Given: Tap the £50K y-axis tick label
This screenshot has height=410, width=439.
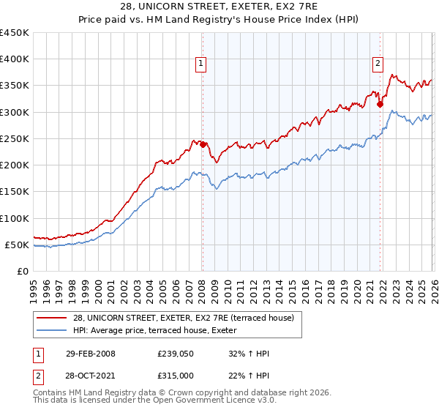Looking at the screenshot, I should pyautogui.click(x=18, y=245).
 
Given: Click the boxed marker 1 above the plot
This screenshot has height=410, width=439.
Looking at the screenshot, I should pyautogui.click(x=201, y=64).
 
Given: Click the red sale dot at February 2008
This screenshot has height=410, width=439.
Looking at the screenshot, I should pyautogui.click(x=203, y=144).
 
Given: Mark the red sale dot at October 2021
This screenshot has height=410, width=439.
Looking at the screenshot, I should pyautogui.click(x=380, y=104).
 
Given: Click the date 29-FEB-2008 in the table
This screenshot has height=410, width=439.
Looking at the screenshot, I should pyautogui.click(x=90, y=354).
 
